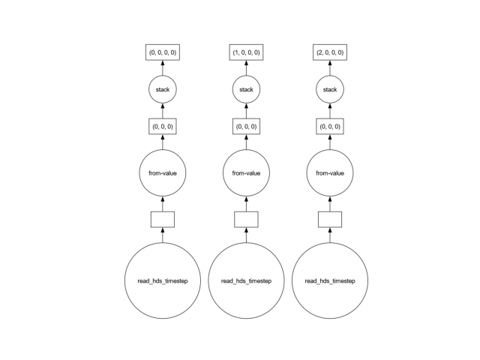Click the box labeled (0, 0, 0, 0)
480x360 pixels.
click(x=163, y=52)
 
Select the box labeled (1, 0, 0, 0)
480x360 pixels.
click(x=246, y=52)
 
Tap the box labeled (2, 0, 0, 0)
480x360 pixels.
click(x=330, y=52)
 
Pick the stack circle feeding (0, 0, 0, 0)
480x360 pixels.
click(x=163, y=89)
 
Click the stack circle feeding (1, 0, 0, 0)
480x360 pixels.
click(x=246, y=89)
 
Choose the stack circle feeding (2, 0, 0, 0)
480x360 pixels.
click(x=330, y=89)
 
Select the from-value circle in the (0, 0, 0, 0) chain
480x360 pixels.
click(x=163, y=173)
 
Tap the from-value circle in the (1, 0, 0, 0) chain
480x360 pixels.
click(x=246, y=173)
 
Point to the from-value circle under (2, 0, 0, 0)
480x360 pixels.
click(x=330, y=173)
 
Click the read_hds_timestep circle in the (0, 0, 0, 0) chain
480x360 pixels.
click(x=163, y=280)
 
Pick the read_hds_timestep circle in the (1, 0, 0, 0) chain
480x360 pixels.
click(x=246, y=280)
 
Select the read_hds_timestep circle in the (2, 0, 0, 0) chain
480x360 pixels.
click(x=330, y=280)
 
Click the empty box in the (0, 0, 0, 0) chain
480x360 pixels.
click(x=163, y=220)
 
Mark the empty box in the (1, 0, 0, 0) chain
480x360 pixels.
click(x=246, y=220)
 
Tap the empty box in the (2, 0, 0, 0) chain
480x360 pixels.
click(x=330, y=220)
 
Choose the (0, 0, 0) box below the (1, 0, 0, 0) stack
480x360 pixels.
click(x=246, y=127)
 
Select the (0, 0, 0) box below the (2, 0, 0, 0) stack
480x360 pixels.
click(x=330, y=127)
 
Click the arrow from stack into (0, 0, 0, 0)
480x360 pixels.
click(x=163, y=68)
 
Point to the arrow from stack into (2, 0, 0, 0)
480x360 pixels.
click(x=330, y=68)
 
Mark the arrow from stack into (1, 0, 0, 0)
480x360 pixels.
click(x=246, y=68)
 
